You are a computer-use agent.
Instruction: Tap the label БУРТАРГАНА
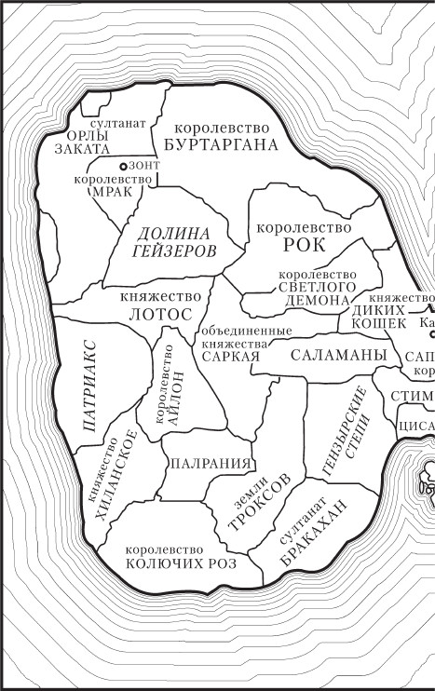point(221,144)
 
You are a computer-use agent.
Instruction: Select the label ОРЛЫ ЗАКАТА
point(83,140)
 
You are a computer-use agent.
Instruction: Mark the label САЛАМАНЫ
point(337,355)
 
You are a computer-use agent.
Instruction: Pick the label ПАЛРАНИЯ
point(210,463)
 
